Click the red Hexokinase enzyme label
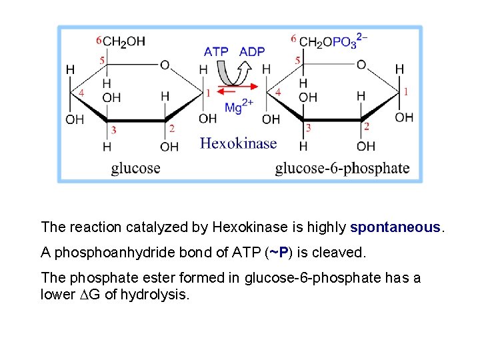pyautogui.click(x=238, y=143)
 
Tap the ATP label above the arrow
pyautogui.click(x=216, y=52)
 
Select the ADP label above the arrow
pyautogui.click(x=252, y=52)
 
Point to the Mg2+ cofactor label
pyautogui.click(x=238, y=106)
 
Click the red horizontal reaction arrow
pyautogui.click(x=237, y=87)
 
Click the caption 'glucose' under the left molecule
pyautogui.click(x=135, y=167)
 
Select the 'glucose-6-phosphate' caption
pyautogui.click(x=342, y=167)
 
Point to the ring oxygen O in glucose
pyautogui.click(x=165, y=65)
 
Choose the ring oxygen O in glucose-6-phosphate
pyautogui.click(x=361, y=65)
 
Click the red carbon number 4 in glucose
pyautogui.click(x=81, y=93)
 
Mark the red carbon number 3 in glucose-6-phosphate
pyautogui.click(x=308, y=127)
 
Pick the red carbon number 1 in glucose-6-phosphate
pyautogui.click(x=405, y=91)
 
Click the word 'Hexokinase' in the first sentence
pyautogui.click(x=250, y=227)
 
